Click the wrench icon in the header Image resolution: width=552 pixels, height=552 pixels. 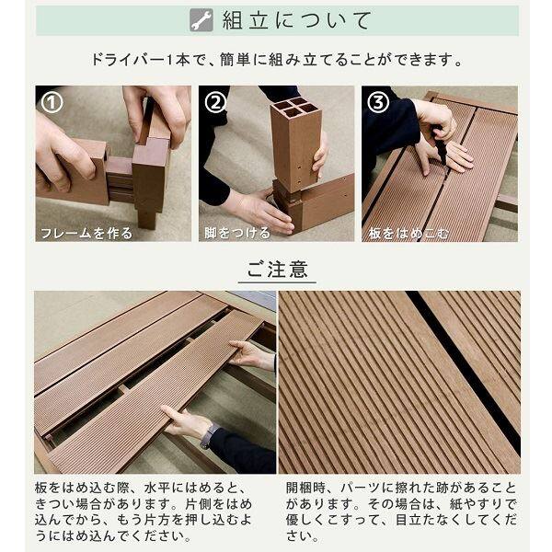coord(201,20)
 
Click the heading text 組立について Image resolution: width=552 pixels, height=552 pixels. coord(297,20)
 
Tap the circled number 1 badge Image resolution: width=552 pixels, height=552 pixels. coord(52,102)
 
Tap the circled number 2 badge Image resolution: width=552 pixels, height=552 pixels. coord(215,102)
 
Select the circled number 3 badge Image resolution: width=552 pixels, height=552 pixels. coord(377,102)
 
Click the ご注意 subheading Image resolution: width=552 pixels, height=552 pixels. coord(276,270)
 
